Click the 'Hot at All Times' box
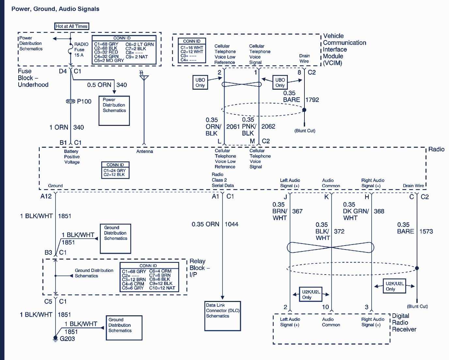[x=71, y=26]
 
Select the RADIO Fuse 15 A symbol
[x=70, y=50]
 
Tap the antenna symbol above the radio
[x=144, y=77]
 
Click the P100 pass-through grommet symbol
[x=70, y=101]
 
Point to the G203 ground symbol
[x=55, y=339]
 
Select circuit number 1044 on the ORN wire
[x=231, y=224]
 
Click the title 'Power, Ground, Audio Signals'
[x=55, y=9]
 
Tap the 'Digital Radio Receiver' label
[x=404, y=322]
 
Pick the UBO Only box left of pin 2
[x=200, y=82]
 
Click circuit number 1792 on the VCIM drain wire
[x=312, y=100]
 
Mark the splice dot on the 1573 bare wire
[x=417, y=268]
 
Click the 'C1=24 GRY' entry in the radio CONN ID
[x=115, y=170]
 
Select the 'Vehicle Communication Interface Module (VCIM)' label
[x=344, y=49]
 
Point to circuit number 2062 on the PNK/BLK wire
[x=268, y=127]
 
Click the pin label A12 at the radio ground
[x=46, y=196]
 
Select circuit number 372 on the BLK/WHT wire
[x=339, y=231]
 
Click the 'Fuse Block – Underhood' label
[x=33, y=78]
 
